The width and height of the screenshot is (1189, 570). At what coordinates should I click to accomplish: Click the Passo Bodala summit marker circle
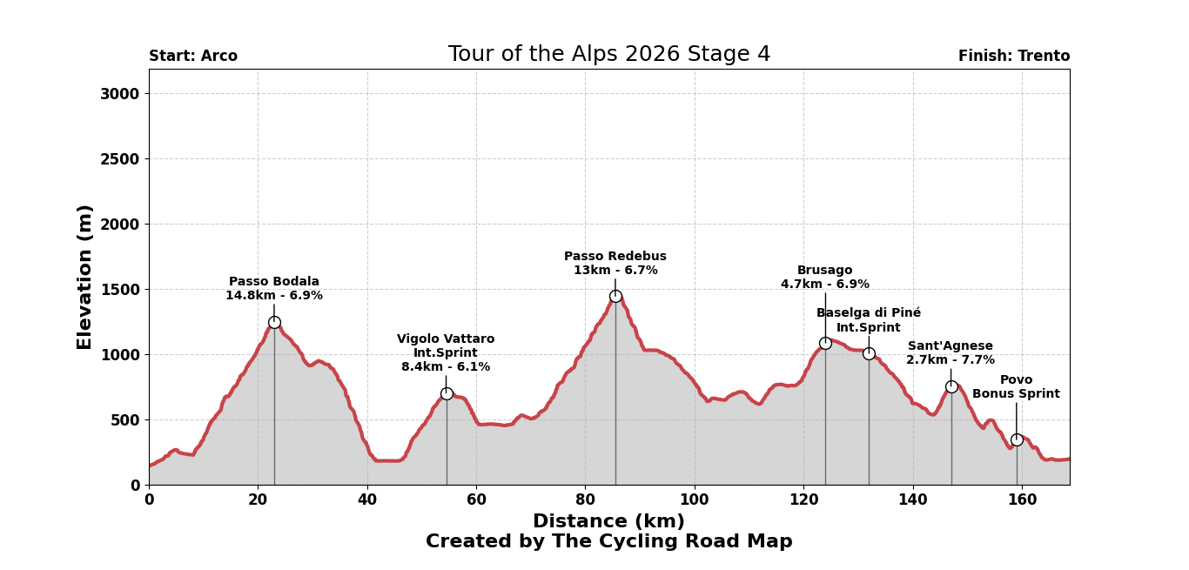coord(274,322)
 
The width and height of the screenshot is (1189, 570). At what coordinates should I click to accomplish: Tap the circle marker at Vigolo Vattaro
coord(447,393)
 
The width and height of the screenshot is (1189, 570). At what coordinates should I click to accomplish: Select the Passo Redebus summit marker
coord(615,296)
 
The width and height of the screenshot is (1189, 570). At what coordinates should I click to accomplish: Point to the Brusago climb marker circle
coord(825,343)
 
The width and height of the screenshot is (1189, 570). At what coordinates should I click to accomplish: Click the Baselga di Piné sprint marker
coord(869,353)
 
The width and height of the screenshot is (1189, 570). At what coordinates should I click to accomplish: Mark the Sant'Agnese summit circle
coord(951,386)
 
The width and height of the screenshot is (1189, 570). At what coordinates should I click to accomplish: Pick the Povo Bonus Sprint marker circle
coord(1017,439)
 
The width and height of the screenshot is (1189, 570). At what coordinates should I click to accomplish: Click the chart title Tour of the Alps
coord(608,55)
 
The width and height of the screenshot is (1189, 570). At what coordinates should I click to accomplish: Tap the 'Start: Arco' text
coord(193,57)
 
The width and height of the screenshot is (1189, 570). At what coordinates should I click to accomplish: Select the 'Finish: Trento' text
coord(1014,57)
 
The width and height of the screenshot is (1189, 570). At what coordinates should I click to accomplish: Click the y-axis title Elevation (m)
coord(85,277)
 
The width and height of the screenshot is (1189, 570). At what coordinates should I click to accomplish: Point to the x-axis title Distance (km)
coord(608,521)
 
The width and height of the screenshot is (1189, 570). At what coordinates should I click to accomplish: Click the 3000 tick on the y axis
coord(118,94)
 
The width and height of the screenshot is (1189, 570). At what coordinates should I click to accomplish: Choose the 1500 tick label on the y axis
coord(118,290)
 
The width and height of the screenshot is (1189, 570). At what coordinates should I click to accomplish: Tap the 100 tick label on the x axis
coord(695,500)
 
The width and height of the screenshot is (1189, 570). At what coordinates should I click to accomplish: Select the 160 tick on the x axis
coord(1022,500)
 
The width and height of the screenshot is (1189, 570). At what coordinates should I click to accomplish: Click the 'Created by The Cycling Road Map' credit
coord(608,542)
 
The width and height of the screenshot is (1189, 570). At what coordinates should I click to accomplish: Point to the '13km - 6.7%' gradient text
coord(615,271)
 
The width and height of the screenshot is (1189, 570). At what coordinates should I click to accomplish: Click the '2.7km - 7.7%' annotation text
coord(951,360)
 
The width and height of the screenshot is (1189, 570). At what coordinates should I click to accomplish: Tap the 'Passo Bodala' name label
coord(274,282)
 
